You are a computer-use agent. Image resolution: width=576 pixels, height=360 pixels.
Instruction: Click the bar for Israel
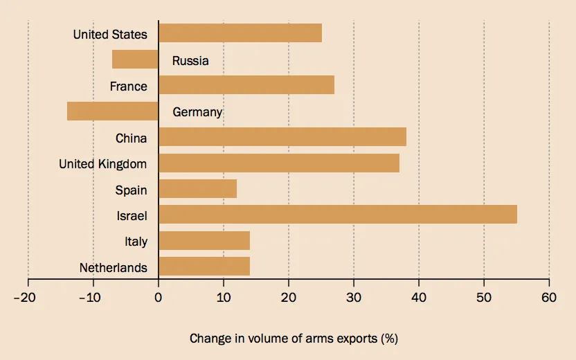tap(337, 215)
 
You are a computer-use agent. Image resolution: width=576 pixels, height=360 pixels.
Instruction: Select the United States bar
tap(240, 33)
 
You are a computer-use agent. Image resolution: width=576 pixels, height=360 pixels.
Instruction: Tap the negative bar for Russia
tap(135, 60)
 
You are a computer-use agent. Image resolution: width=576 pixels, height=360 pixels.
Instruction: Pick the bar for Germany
tap(112, 111)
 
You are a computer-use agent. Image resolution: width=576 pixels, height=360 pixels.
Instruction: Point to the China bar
tap(282, 137)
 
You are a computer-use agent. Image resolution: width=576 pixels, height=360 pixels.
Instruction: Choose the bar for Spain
tap(197, 189)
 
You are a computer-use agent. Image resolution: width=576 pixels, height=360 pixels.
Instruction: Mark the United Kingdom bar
tap(278, 163)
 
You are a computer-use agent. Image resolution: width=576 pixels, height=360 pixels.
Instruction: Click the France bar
tap(246, 85)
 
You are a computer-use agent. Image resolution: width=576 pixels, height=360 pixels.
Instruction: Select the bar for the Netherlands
tap(204, 267)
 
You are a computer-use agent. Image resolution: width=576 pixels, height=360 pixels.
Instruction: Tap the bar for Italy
tap(204, 241)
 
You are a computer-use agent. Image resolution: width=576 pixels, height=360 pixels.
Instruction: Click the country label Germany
tap(197, 112)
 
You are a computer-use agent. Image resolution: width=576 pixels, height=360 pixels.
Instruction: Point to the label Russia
tap(190, 61)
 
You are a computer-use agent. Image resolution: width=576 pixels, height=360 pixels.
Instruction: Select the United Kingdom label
tap(102, 164)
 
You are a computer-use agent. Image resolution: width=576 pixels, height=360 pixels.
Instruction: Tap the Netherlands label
tap(113, 268)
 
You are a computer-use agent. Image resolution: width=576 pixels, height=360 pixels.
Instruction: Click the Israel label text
tap(132, 216)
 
